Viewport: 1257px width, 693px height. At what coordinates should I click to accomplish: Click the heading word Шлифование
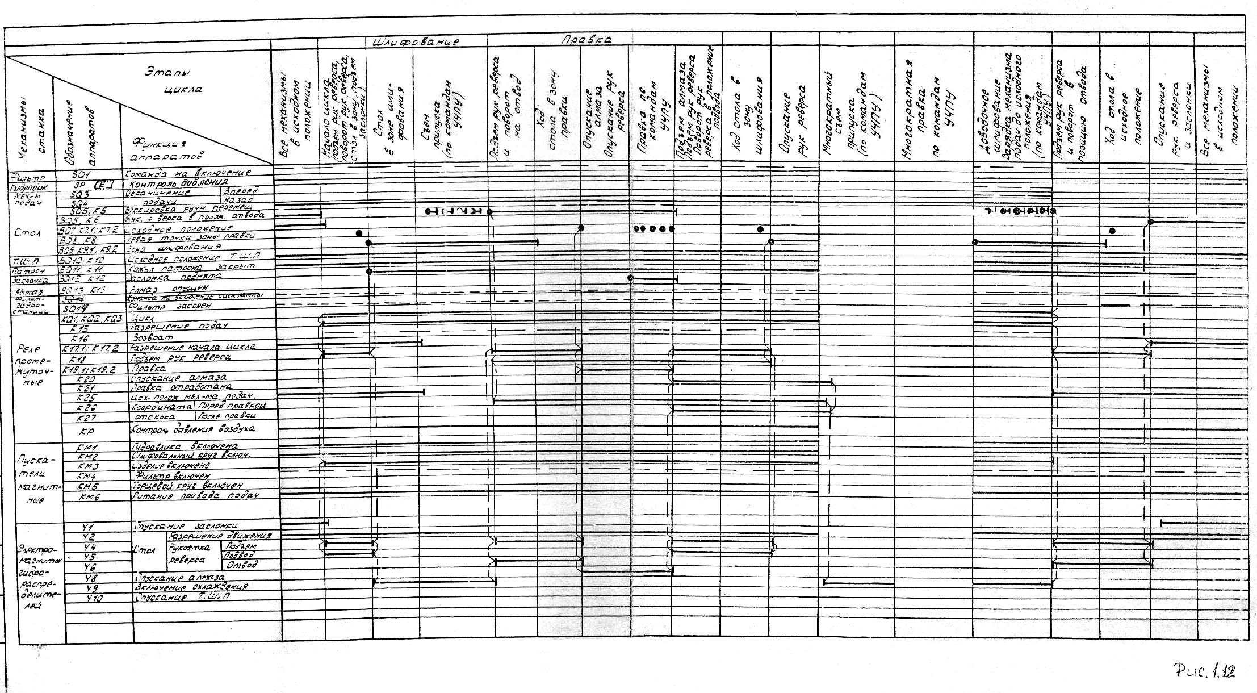point(415,41)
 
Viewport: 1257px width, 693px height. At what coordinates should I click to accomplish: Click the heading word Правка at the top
point(586,41)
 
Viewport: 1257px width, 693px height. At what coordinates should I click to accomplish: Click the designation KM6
point(89,497)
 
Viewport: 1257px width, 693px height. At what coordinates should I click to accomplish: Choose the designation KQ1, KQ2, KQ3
point(91,318)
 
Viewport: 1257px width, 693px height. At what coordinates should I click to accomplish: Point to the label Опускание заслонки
point(186,526)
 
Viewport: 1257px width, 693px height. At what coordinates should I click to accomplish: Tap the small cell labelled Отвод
point(242,565)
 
